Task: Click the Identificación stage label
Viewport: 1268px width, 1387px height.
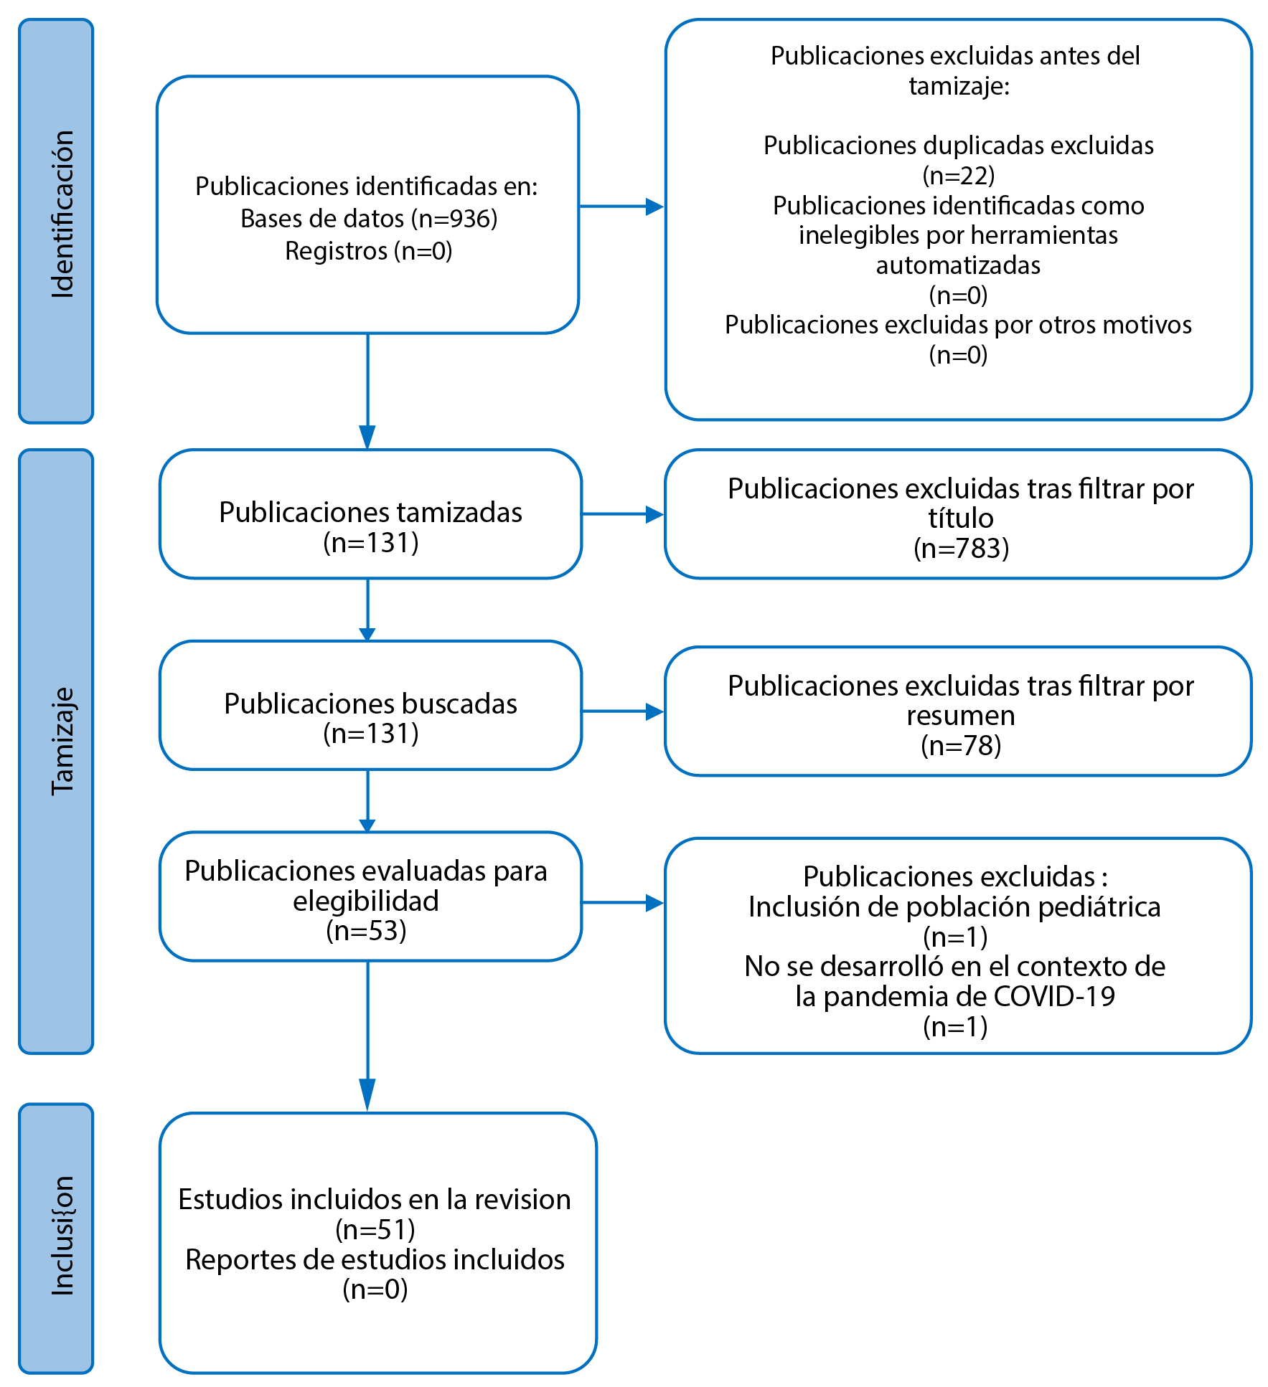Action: click(63, 214)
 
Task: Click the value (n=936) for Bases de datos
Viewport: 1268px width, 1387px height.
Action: click(454, 219)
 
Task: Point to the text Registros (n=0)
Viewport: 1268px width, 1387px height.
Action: click(369, 251)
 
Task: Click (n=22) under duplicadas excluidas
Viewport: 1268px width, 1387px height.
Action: click(959, 175)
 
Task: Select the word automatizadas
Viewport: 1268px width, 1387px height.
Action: click(958, 265)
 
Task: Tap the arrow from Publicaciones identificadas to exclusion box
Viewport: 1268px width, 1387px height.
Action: click(621, 207)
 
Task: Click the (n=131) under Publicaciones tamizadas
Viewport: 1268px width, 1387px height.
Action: click(371, 543)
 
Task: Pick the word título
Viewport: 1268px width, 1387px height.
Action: click(961, 518)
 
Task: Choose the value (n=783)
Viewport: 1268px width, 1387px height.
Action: click(962, 549)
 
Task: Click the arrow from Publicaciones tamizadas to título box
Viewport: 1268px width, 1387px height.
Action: click(623, 514)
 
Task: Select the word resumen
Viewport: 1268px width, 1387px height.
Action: click(961, 716)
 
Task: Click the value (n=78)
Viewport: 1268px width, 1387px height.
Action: click(961, 746)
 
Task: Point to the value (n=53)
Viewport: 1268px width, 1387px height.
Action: click(366, 931)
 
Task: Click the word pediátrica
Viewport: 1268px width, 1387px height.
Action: click(1099, 907)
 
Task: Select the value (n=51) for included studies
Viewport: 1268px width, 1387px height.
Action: click(375, 1230)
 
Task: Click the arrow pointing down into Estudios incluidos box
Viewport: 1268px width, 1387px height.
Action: click(367, 1036)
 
